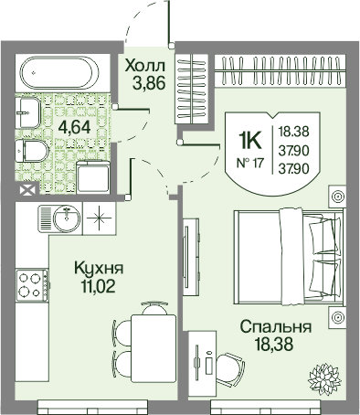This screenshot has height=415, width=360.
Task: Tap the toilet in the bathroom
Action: pos(31,151)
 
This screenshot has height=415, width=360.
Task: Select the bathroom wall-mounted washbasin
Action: pos(27,112)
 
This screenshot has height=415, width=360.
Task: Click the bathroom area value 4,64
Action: pos(75,128)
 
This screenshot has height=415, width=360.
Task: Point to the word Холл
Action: pos(145,66)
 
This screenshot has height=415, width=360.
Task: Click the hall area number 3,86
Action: pos(149,82)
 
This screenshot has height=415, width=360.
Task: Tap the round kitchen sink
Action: pos(67,218)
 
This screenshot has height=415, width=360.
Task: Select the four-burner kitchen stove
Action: pos(32,285)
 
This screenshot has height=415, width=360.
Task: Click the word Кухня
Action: pos(99,269)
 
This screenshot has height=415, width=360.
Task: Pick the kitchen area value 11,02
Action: pos(98,286)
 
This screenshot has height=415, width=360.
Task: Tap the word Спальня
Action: pos(276,327)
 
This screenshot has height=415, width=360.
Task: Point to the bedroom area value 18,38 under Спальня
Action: pos(274,345)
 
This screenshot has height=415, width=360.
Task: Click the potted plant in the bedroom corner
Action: pos(323,378)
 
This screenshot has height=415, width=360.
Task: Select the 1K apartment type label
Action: pos(250,141)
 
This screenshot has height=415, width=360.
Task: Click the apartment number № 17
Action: pos(250,164)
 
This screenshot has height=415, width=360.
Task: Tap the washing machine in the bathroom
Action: pos(93,176)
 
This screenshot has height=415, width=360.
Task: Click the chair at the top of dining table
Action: pos(154,308)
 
